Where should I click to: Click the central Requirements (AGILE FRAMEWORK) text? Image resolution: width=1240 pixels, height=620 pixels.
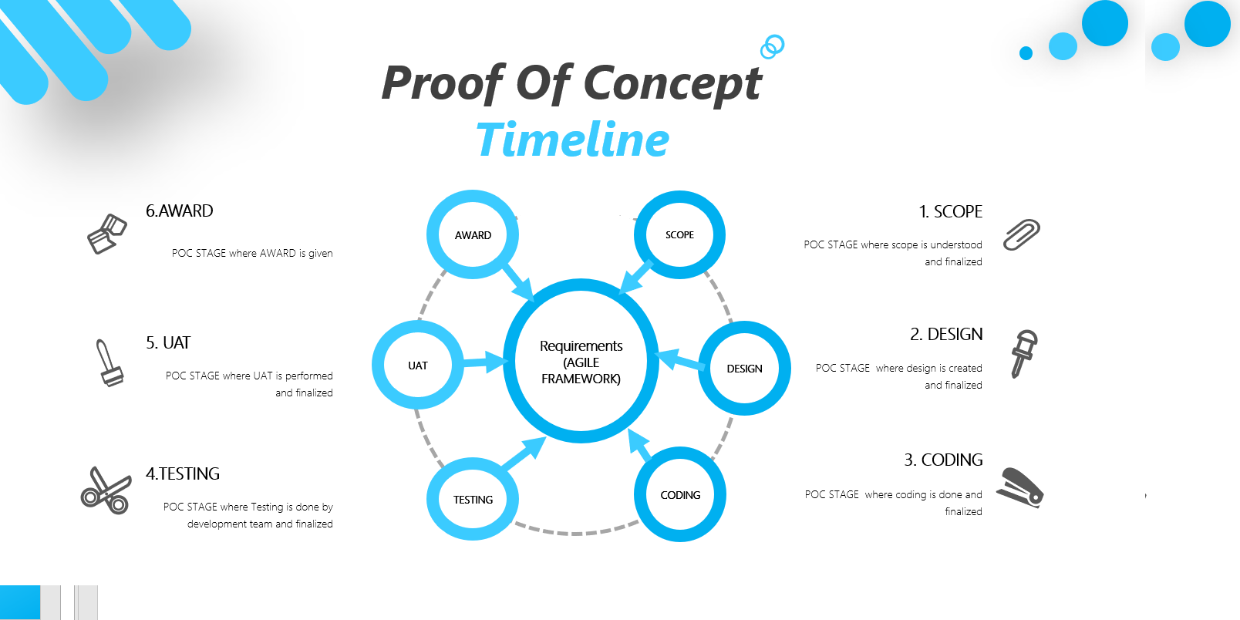point(581,362)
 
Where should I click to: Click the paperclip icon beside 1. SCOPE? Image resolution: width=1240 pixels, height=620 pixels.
point(1021,234)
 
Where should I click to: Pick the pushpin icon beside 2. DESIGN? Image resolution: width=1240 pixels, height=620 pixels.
point(1024,354)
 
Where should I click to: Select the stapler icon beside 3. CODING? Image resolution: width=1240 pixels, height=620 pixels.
point(1019,487)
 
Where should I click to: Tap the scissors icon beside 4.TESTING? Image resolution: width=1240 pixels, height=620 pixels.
point(106,490)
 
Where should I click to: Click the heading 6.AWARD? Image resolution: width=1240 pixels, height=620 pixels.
point(180,211)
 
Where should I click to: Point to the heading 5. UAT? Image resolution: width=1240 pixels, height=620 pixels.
point(168,342)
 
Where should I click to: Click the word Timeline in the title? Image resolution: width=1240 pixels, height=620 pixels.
point(572,140)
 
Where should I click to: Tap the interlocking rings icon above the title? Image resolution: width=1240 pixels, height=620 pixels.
point(772,46)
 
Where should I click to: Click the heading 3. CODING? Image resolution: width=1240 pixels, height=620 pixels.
point(943,460)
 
